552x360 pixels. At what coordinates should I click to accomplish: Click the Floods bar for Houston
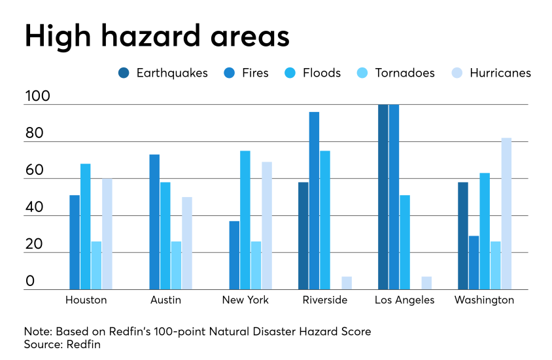[x=86, y=226]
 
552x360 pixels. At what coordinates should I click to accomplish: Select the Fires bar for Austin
[x=154, y=222]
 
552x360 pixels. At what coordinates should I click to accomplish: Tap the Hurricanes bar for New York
[x=267, y=226]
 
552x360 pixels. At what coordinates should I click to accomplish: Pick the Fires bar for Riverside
[x=315, y=201]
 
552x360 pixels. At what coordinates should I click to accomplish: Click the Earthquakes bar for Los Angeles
[x=383, y=197]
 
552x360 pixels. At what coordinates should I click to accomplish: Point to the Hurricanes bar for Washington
[x=506, y=214]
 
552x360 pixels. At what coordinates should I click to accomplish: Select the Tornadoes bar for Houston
[x=97, y=265]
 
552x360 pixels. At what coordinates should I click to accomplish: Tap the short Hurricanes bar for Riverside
[x=347, y=283]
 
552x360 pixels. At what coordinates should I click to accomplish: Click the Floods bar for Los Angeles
[x=405, y=242]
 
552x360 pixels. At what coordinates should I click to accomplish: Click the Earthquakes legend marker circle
[x=124, y=73]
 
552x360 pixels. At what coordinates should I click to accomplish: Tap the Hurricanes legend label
[x=500, y=73]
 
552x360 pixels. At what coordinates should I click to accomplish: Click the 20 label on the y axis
[x=34, y=244]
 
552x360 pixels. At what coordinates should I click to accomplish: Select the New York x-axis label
[x=246, y=300]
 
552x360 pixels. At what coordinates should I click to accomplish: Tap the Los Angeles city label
[x=404, y=300]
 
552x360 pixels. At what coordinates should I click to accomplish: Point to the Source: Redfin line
[x=62, y=344]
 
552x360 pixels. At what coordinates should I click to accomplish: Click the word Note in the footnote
[x=37, y=331]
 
